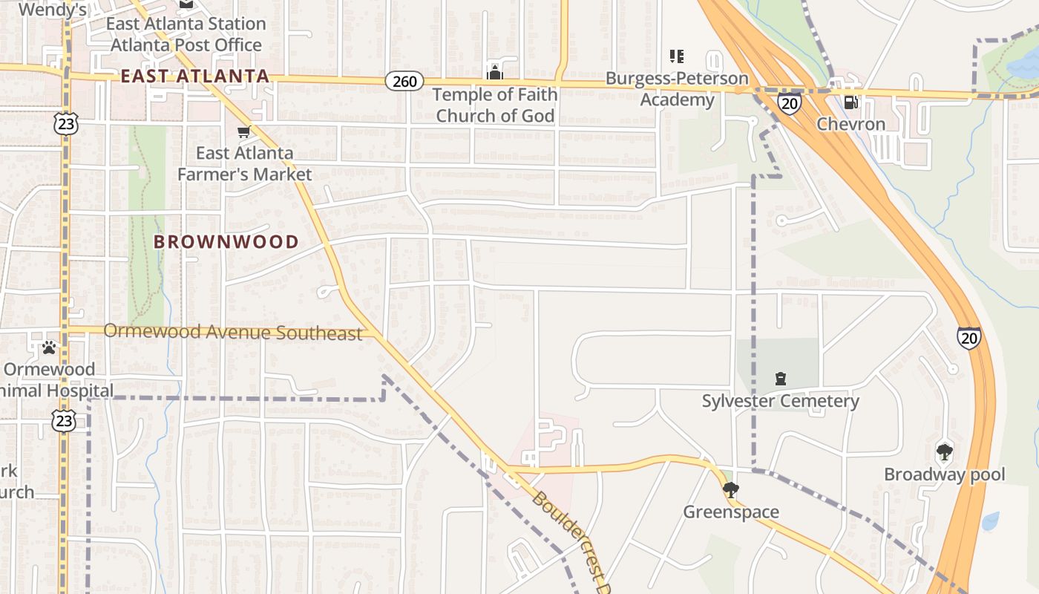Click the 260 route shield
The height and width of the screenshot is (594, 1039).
404,81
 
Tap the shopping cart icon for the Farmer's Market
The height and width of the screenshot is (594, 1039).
243,132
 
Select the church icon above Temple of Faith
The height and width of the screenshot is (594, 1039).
495,72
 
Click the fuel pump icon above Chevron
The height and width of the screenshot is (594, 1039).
850,102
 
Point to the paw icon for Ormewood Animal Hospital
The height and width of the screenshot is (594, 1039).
49,347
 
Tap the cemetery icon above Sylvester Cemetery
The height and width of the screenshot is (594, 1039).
781,379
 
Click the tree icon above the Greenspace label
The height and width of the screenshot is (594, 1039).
731,489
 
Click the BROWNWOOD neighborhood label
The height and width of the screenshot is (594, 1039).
226,241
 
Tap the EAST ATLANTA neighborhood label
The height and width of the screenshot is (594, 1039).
194,76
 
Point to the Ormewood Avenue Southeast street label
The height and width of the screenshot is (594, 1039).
233,332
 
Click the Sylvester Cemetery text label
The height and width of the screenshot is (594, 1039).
781,402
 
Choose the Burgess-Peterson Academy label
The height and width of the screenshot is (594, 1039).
677,89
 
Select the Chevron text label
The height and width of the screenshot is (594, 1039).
850,124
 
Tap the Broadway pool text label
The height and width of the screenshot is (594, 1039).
944,474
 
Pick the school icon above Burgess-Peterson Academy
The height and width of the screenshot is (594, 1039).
676,56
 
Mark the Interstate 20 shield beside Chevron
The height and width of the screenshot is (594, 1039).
790,103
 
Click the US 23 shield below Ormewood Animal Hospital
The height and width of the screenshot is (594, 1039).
64,421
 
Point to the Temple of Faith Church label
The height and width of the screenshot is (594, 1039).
495,105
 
